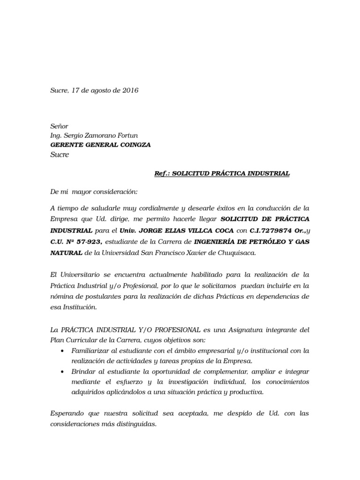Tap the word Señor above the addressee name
pyautogui.click(x=59, y=127)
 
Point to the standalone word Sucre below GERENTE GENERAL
pyautogui.click(x=60, y=155)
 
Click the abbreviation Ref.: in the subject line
pyautogui.click(x=162, y=173)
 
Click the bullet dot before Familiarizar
pyautogui.click(x=63, y=351)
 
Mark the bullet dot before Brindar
pyautogui.click(x=63, y=372)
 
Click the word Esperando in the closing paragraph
pyautogui.click(x=67, y=414)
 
